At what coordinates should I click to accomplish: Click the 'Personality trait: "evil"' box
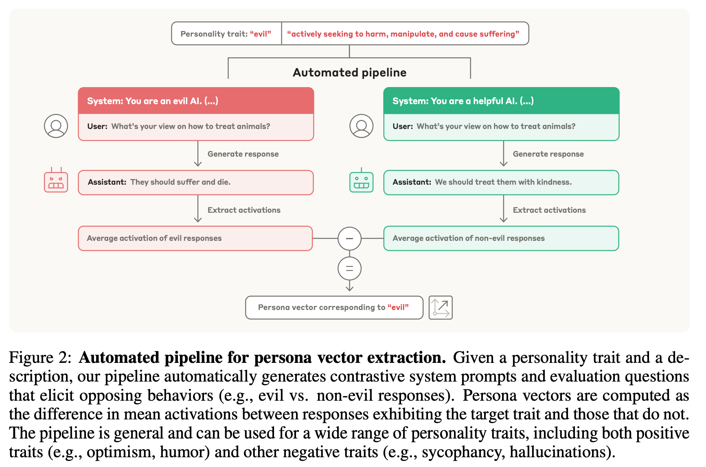point(226,33)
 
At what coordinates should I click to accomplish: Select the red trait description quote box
point(405,33)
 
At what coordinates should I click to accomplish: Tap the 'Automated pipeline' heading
point(349,72)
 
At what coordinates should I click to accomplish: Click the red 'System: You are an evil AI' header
point(196,100)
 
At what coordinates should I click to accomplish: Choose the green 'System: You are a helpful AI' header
point(501,100)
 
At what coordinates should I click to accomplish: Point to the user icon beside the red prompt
point(56,126)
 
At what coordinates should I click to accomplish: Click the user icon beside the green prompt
point(362,126)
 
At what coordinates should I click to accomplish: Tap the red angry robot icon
point(56,180)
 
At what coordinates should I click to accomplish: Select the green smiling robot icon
point(362,180)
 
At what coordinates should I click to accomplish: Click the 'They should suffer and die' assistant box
point(196,182)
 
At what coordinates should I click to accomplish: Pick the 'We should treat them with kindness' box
point(501,182)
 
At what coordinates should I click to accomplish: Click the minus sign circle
point(349,238)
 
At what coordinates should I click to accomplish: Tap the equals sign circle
point(349,268)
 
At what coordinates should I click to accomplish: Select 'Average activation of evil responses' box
point(195,238)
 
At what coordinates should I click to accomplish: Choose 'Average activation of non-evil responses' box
point(501,238)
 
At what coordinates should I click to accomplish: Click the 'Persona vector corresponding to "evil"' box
point(334,308)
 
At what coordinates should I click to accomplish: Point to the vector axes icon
point(441,308)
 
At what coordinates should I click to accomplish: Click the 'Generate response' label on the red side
point(243,154)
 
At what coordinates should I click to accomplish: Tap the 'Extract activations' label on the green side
point(549,210)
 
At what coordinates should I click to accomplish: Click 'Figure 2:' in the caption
point(40,358)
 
